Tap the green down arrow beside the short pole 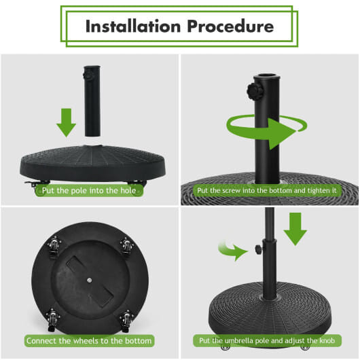[66, 121]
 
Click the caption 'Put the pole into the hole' [90, 191]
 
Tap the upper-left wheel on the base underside [53, 246]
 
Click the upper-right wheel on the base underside [127, 246]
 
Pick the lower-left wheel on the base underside [52, 316]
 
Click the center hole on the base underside [90, 279]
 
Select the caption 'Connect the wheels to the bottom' [90, 340]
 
